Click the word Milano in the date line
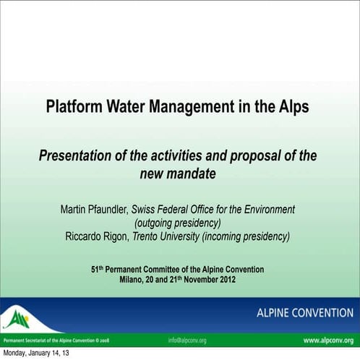pyautogui.click(x=133, y=280)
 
